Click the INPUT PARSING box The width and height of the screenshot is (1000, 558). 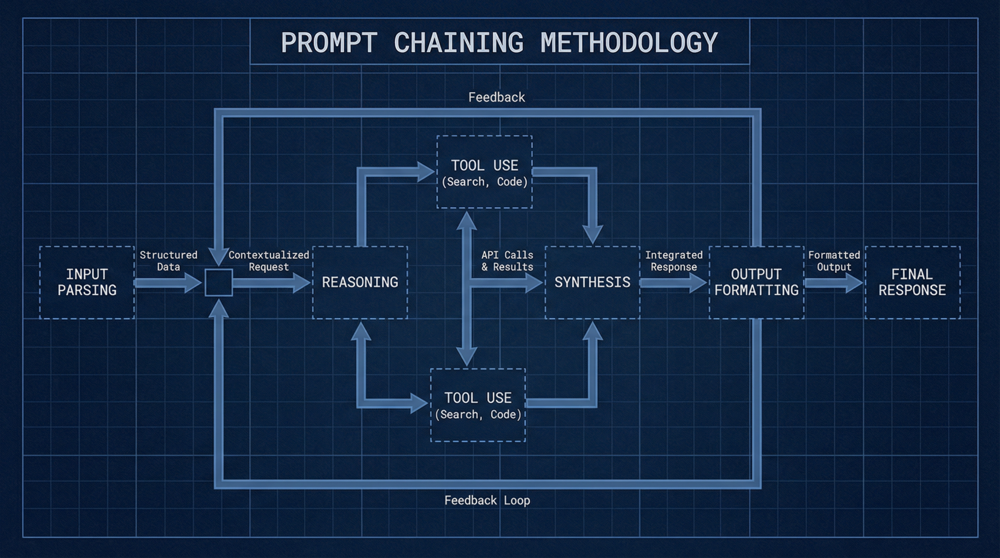[87, 282]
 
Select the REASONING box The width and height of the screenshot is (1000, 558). [360, 282]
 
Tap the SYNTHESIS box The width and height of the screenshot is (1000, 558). [592, 282]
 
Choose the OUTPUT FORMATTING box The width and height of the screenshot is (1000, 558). [756, 282]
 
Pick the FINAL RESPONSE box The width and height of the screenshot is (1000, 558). [912, 282]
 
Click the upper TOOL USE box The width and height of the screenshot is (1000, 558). [484, 172]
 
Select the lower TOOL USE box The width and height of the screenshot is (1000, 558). [478, 405]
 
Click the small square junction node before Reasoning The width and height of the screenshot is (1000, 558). [218, 283]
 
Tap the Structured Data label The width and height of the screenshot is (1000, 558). [168, 261]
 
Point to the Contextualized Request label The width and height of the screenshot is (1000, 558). [269, 261]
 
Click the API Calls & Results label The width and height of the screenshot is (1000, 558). [507, 261]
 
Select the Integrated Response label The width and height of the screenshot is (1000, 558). [674, 261]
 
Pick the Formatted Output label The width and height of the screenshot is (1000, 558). [834, 261]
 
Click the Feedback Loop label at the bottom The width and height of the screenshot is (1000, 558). [487, 500]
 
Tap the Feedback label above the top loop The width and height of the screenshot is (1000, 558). [497, 97]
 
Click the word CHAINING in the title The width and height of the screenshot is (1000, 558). [458, 42]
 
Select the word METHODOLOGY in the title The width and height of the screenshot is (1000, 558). [629, 42]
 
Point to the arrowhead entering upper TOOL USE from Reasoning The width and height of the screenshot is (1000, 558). [426, 171]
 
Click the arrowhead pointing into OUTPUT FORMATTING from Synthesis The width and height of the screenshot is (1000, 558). [698, 283]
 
